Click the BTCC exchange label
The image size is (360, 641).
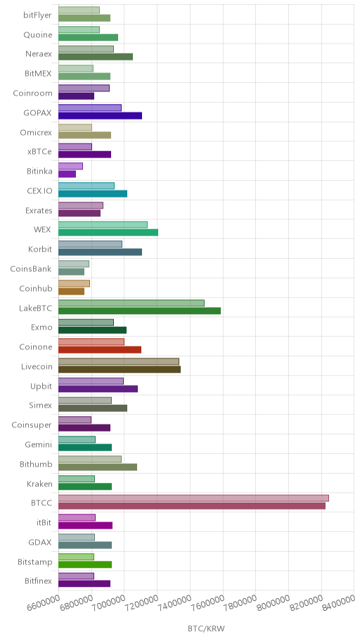tap(41, 503)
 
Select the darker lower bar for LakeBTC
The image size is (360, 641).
tap(139, 311)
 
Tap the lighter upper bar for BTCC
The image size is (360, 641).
tap(193, 498)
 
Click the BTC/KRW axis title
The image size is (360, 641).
tap(206, 628)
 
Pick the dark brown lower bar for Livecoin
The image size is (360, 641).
tap(120, 370)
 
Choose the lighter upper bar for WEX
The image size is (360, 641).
tap(103, 224)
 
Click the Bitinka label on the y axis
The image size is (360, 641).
tap(39, 171)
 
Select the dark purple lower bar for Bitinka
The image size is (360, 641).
tap(67, 174)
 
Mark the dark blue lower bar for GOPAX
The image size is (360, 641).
tap(101, 115)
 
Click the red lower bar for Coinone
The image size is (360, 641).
tap(100, 350)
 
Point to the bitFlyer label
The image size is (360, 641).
tap(38, 15)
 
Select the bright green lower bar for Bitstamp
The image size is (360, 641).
tap(85, 564)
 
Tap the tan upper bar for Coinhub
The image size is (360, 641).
tap(74, 283)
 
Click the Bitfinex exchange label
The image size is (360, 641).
tap(38, 581)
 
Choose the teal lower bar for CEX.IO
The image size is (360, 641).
tap(93, 194)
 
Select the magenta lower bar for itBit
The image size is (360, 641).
tap(86, 526)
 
